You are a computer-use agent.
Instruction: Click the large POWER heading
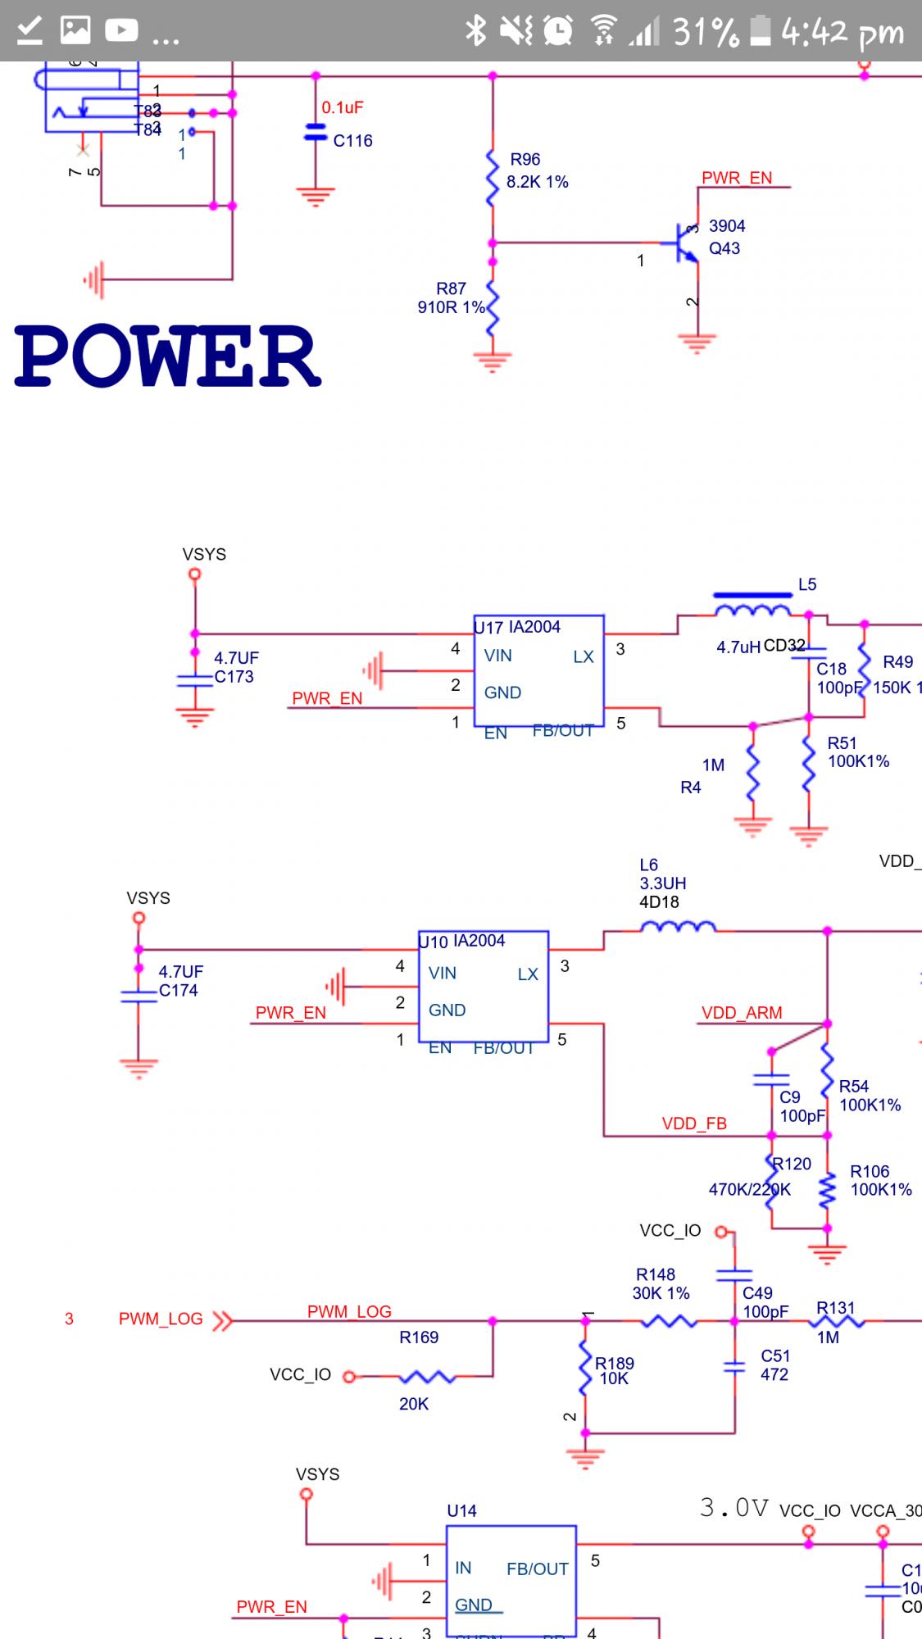click(x=167, y=356)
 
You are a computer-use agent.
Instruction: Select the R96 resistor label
click(x=525, y=159)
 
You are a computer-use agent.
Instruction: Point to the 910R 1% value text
click(x=451, y=307)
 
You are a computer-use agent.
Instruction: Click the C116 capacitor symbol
click(x=316, y=132)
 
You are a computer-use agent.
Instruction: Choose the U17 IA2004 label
click(x=518, y=627)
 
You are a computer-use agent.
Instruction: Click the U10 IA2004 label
click(x=462, y=942)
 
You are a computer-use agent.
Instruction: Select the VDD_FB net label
click(x=694, y=1124)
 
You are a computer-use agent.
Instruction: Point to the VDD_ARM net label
click(x=742, y=1013)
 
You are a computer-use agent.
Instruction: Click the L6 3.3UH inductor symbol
click(x=677, y=927)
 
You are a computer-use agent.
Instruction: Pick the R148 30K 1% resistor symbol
click(x=669, y=1321)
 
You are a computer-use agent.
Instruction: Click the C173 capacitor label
click(x=234, y=677)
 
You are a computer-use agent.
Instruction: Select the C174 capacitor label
click(x=179, y=990)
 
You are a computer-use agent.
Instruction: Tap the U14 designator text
click(x=461, y=1510)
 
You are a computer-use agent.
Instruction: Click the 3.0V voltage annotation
click(x=734, y=1508)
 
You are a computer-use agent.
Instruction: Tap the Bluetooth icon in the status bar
click(x=475, y=30)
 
